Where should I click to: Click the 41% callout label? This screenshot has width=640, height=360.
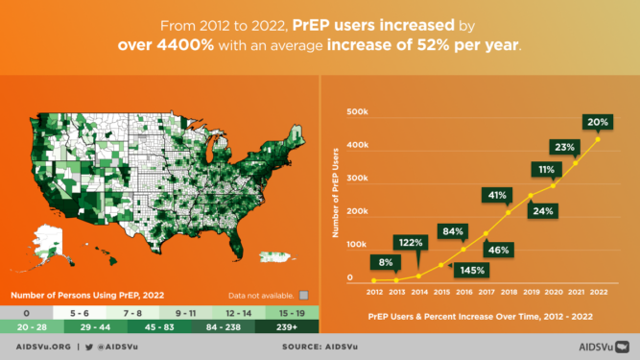click(497, 195)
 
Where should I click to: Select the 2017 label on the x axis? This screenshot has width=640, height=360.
click(486, 292)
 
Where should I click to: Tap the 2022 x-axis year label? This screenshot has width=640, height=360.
click(599, 292)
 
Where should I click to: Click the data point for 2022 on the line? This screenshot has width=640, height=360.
click(599, 140)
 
